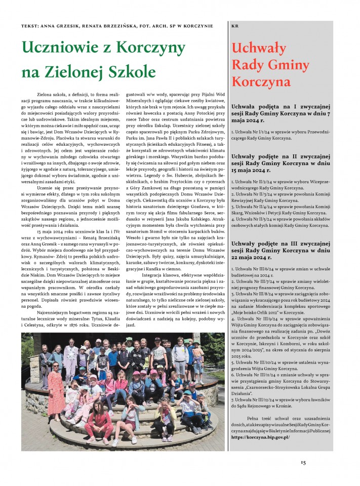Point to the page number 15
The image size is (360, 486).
coord(303,462)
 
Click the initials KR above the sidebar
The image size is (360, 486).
coord(234,26)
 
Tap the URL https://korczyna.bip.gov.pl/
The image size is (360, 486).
coord(260,437)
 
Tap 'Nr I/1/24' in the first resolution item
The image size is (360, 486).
coord(255,131)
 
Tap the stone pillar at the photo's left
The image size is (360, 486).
coord(34,364)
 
